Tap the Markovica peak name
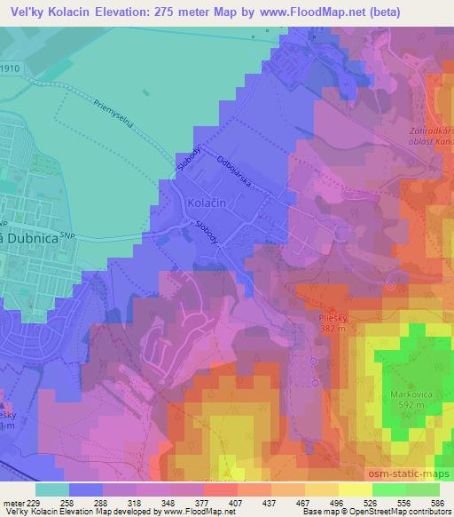click(x=407, y=392)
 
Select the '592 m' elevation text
click(x=407, y=405)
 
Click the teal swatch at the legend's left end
click(x=53, y=489)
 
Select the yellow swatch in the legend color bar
click(x=355, y=489)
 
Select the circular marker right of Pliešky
click(x=391, y=286)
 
